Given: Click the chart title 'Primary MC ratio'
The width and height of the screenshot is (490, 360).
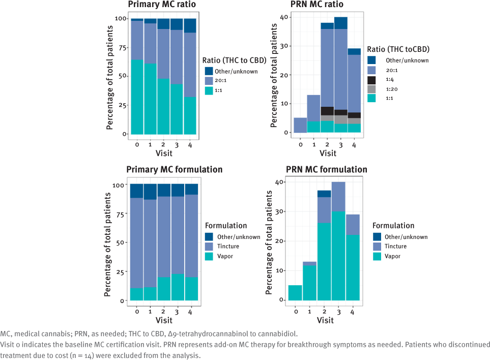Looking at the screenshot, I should [161, 5].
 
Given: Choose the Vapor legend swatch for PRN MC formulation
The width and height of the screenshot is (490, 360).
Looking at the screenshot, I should [378, 256].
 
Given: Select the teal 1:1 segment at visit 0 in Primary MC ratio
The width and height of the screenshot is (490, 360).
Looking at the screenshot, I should [137, 97].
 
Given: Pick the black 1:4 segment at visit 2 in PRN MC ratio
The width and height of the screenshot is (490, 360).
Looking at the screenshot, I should [327, 111].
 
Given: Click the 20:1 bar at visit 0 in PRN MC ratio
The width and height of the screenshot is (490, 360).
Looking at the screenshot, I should [301, 125].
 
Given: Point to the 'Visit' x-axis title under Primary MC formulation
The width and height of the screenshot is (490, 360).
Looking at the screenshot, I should [164, 320].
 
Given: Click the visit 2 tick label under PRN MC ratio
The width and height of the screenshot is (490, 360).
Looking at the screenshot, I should [327, 144].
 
